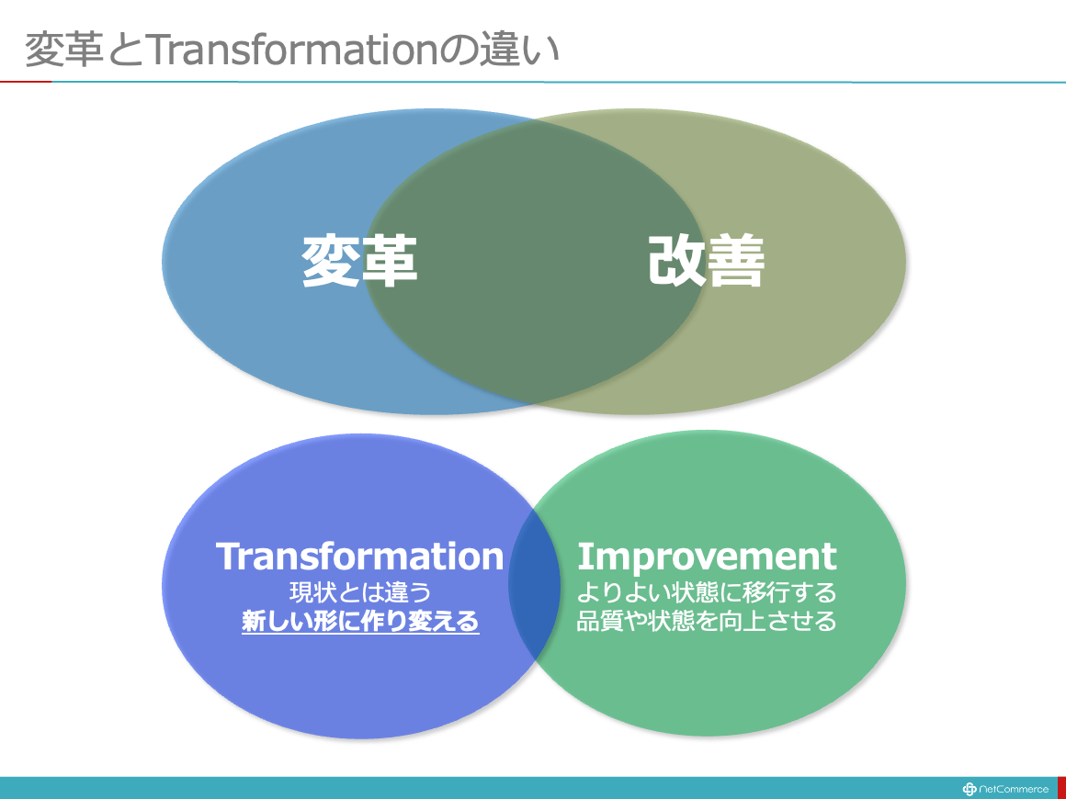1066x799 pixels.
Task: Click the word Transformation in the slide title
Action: pyautogui.click(x=291, y=50)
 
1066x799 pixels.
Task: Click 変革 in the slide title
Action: pyautogui.click(x=64, y=50)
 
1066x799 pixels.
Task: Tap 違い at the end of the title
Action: pyautogui.click(x=518, y=50)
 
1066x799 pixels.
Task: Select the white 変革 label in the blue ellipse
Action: pyautogui.click(x=359, y=261)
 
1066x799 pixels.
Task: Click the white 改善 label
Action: pyautogui.click(x=707, y=261)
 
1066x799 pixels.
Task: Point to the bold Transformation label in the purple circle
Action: pyautogui.click(x=359, y=557)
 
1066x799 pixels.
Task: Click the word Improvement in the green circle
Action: pyautogui.click(x=707, y=557)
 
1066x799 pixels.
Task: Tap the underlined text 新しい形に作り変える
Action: pyautogui.click(x=360, y=621)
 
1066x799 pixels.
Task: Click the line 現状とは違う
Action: pyautogui.click(x=360, y=592)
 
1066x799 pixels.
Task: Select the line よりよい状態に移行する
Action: pyautogui.click(x=707, y=592)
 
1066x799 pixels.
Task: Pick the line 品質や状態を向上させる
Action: pyautogui.click(x=707, y=621)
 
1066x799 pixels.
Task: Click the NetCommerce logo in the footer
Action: pyautogui.click(x=1005, y=789)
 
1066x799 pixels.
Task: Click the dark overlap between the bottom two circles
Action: pyautogui.click(x=534, y=584)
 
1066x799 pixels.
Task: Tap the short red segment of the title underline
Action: pyautogui.click(x=26, y=82)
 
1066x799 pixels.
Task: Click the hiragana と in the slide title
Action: pyautogui.click(x=124, y=51)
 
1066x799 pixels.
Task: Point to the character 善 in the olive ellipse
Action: pyautogui.click(x=736, y=261)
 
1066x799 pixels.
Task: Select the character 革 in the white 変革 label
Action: pyautogui.click(x=388, y=261)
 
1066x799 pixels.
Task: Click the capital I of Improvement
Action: pyautogui.click(x=583, y=557)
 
